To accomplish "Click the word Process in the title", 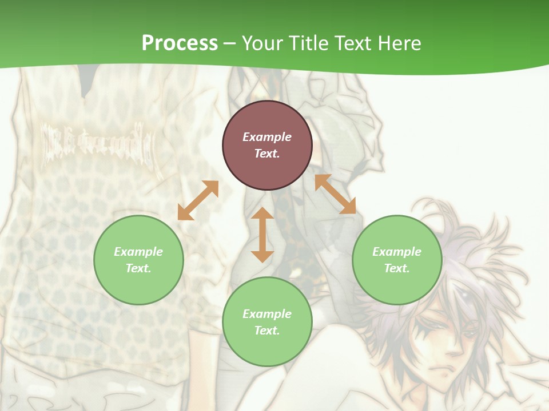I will (x=180, y=43).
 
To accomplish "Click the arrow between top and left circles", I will (x=198, y=200).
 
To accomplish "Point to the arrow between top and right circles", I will (x=335, y=194).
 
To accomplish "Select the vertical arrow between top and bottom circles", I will (x=262, y=235).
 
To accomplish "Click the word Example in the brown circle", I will (x=267, y=137).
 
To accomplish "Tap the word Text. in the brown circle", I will (x=267, y=154).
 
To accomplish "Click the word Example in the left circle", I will (x=138, y=252).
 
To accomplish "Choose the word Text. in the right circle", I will (x=397, y=268).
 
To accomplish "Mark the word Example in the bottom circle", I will (x=267, y=314).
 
